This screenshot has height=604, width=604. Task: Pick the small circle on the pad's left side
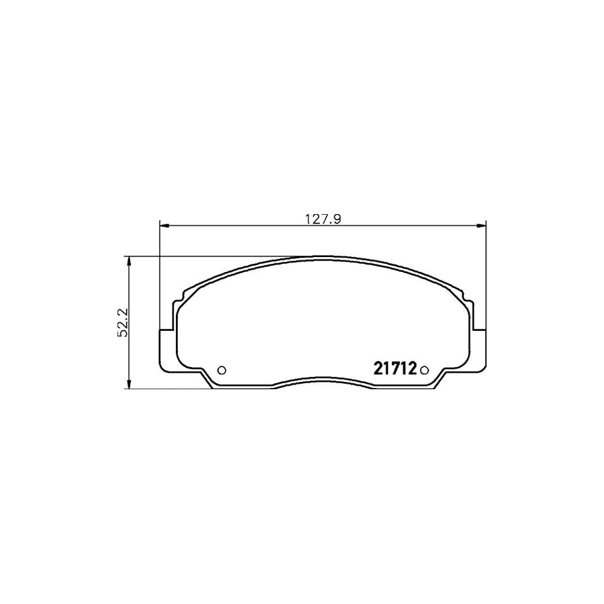pyautogui.click(x=222, y=369)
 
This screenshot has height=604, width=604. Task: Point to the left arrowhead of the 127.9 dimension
pyautogui.click(x=164, y=226)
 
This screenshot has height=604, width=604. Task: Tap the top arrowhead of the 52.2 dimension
pyautogui.click(x=128, y=260)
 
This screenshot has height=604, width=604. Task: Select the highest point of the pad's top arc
pyautogui.click(x=322, y=256)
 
